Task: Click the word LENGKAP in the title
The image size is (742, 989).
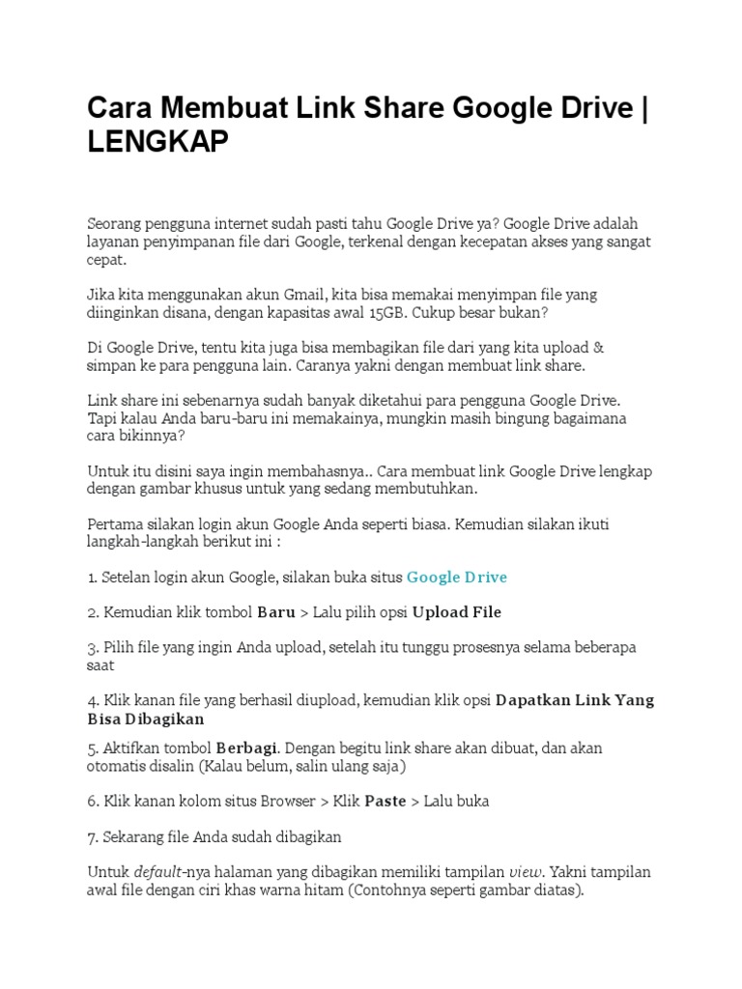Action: click(158, 142)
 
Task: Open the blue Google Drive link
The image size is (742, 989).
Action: click(456, 577)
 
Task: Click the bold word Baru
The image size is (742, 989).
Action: click(275, 612)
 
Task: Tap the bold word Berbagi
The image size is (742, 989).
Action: click(246, 748)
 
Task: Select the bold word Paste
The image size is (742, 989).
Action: click(385, 801)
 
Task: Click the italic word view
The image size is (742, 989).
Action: click(526, 871)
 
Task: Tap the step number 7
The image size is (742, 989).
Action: click(92, 836)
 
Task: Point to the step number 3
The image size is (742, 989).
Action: click(92, 647)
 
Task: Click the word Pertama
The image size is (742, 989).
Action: click(114, 523)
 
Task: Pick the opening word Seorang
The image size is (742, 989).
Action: click(115, 224)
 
